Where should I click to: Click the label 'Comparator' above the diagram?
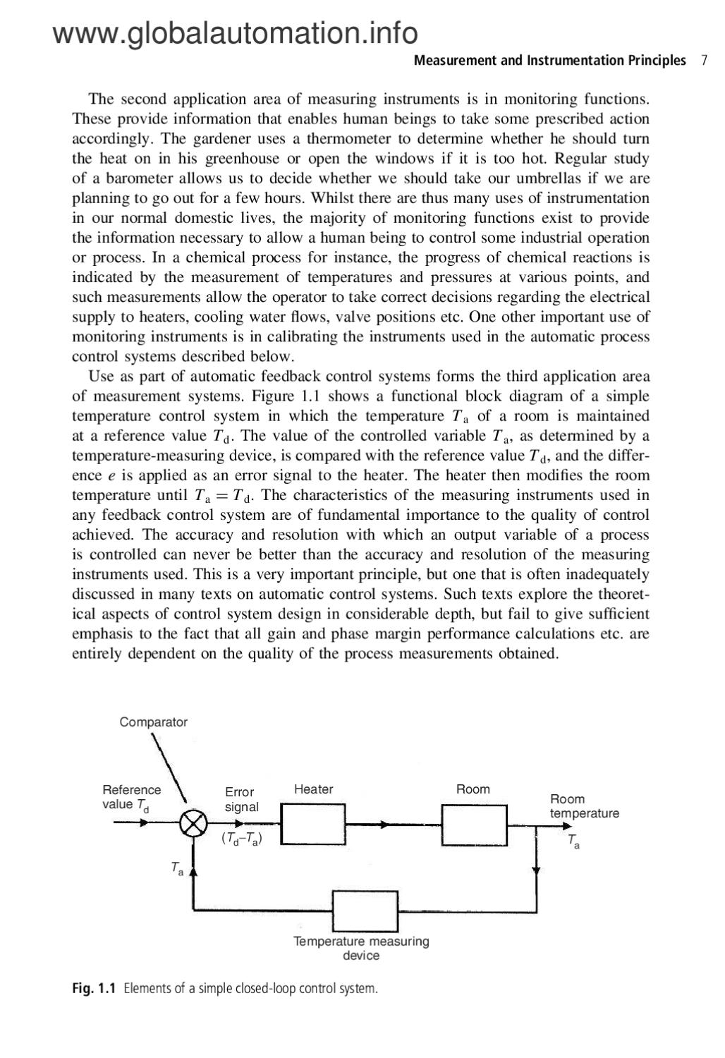153,722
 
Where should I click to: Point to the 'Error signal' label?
241,799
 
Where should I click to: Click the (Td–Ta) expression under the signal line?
241,839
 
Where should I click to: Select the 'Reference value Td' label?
131,797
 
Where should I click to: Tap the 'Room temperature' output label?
584,806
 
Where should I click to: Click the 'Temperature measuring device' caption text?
361,948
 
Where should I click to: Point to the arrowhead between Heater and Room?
384,824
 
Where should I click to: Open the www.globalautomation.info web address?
235,32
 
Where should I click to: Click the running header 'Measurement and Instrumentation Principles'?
549,61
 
